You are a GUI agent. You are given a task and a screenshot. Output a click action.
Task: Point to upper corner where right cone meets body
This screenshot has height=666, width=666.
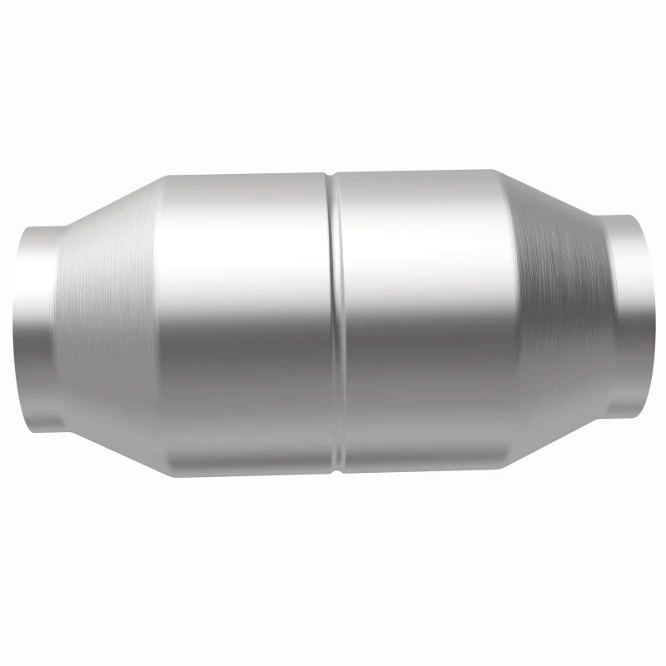point(493,171)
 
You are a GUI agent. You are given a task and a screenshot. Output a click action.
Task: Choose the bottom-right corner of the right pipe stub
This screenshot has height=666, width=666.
point(641,416)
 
